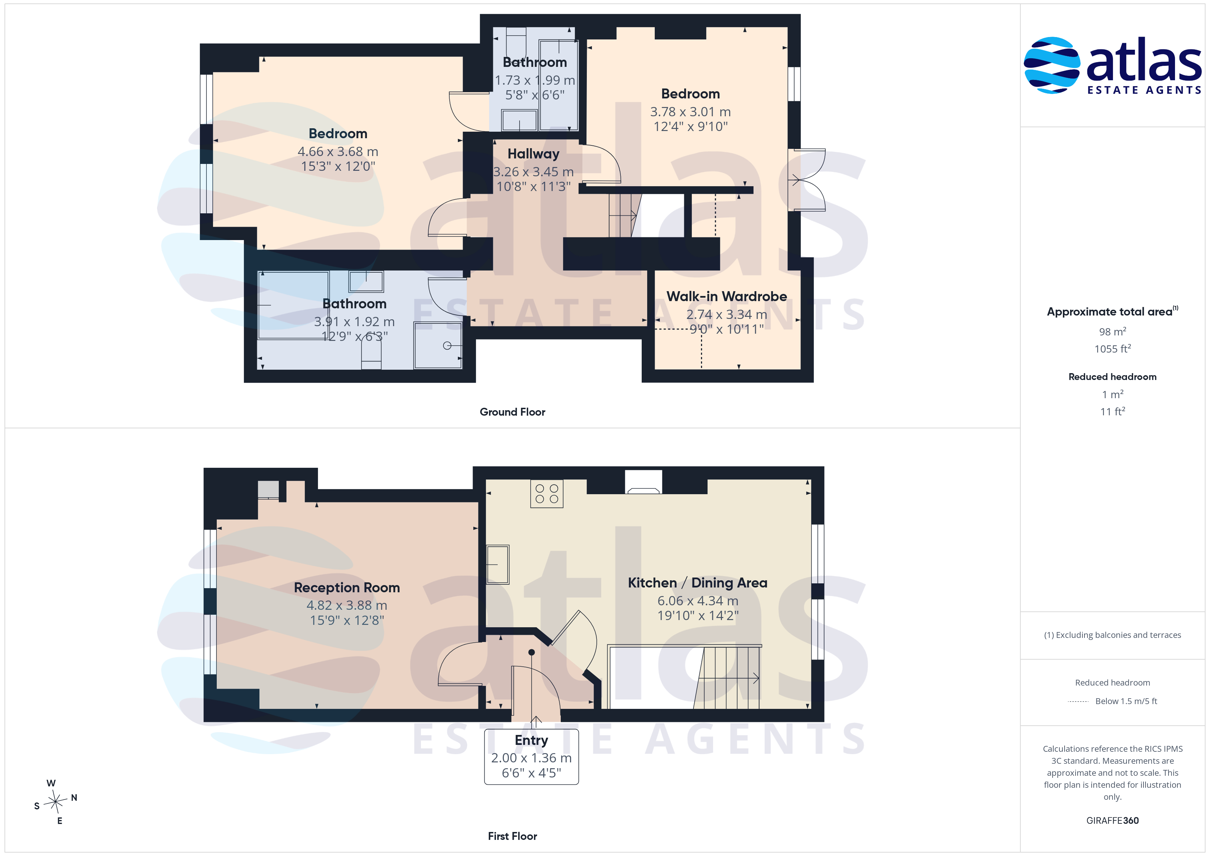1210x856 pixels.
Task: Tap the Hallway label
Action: (x=533, y=154)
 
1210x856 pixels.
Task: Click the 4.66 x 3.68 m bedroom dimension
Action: (x=338, y=152)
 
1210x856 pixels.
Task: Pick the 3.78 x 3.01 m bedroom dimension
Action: (x=690, y=112)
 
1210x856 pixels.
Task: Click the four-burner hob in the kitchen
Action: (x=546, y=494)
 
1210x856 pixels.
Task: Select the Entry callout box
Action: (x=531, y=757)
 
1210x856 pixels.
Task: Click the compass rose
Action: (x=55, y=802)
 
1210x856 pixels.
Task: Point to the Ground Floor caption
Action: (x=512, y=412)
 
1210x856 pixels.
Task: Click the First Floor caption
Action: (x=512, y=836)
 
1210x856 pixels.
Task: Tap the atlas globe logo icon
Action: (x=1051, y=66)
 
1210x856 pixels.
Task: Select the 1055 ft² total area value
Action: (x=1113, y=348)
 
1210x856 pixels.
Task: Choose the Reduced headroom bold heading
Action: (x=1113, y=377)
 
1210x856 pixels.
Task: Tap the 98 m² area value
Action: (x=1113, y=332)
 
